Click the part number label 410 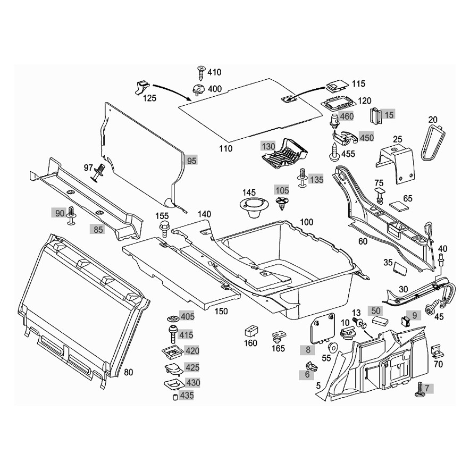[x=214, y=72]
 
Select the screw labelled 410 [x=201, y=72]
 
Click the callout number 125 [x=149, y=98]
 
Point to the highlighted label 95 [x=191, y=161]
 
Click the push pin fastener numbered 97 [x=99, y=173]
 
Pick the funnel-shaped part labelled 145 [x=254, y=207]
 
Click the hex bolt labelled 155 [x=164, y=229]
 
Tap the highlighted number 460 [x=347, y=116]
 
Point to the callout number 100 [x=306, y=222]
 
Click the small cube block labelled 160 [x=253, y=331]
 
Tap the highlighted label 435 [x=187, y=396]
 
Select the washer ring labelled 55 [x=332, y=347]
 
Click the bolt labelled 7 [x=418, y=389]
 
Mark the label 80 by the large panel [x=128, y=372]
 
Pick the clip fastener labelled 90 [x=71, y=215]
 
